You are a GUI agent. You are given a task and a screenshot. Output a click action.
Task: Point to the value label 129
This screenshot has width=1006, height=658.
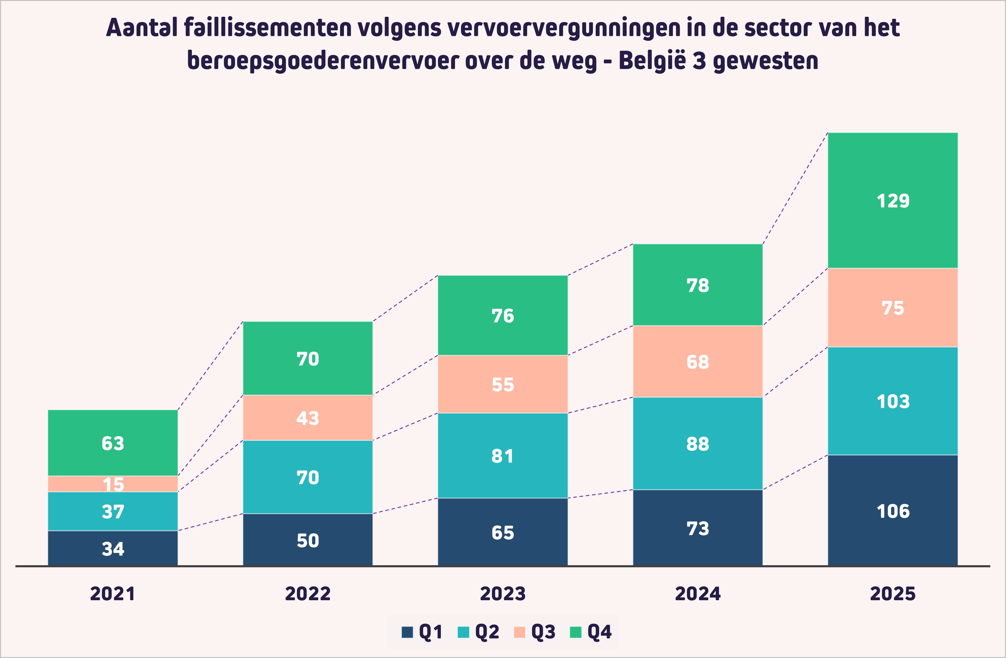coord(893,201)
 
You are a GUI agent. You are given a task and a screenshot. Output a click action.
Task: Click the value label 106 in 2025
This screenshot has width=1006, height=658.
coord(893,511)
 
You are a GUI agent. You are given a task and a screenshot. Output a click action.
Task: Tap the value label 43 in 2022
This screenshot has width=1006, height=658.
coord(308,418)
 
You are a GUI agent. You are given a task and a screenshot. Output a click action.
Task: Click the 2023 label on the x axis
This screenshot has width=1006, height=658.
coord(503,594)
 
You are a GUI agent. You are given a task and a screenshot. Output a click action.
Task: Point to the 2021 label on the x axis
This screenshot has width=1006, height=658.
coord(113,594)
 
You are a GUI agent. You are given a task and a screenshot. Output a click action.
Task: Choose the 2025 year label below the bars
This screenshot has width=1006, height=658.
coord(893,594)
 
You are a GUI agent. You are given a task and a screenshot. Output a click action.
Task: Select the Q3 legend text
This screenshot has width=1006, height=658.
coord(543,632)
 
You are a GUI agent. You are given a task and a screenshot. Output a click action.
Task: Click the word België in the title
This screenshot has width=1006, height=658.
coord(652,60)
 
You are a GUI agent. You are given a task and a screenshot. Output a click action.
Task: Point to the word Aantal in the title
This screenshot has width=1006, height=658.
coord(141,28)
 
